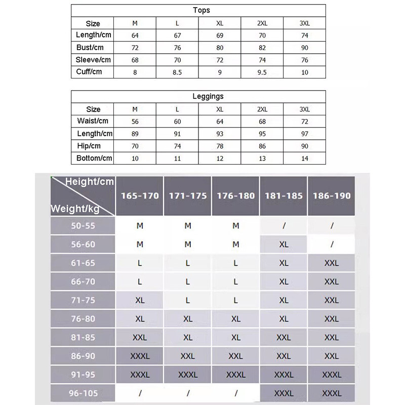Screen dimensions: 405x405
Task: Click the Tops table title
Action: pyautogui.click(x=201, y=10)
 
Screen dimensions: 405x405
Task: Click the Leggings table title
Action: pyautogui.click(x=208, y=96)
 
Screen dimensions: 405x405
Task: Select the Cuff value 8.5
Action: pyautogui.click(x=177, y=72)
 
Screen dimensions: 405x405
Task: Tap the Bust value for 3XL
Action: pyautogui.click(x=304, y=48)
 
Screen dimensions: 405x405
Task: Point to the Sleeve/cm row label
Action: pyautogui.click(x=93, y=60)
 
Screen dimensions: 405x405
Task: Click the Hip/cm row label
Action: pyautogui.click(x=89, y=146)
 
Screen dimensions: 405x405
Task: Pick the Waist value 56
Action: pyautogui.click(x=135, y=121)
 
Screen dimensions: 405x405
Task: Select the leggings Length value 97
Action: pyautogui.click(x=304, y=134)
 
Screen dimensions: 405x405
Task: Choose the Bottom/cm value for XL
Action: pyautogui.click(x=220, y=158)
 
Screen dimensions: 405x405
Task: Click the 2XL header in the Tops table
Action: pyautogui.click(x=262, y=24)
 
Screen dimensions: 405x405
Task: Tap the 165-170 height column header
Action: pyautogui.click(x=140, y=196)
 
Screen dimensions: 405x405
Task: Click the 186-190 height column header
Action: pyautogui.click(x=332, y=196)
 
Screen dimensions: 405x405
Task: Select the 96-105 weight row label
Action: pyautogui.click(x=83, y=393)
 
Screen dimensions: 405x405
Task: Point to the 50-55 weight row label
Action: pyautogui.click(x=83, y=226)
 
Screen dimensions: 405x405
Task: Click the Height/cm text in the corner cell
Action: pyautogui.click(x=90, y=182)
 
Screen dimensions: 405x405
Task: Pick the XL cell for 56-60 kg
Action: pyautogui.click(x=283, y=245)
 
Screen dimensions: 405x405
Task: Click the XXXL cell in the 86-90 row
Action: pyautogui.click(x=140, y=356)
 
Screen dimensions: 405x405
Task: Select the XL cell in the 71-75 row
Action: pyautogui.click(x=140, y=300)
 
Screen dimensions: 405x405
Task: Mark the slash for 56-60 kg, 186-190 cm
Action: pyautogui.click(x=332, y=245)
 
